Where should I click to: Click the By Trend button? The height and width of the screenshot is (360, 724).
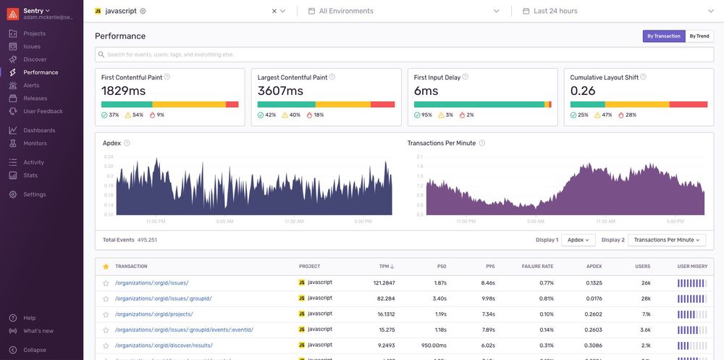pos(699,36)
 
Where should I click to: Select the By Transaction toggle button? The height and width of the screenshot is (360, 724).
pos(663,36)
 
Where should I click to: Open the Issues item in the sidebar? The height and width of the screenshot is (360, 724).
pos(32,46)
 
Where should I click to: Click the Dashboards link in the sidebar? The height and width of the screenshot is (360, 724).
pos(39,130)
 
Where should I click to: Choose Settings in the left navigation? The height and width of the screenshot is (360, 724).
pos(34,194)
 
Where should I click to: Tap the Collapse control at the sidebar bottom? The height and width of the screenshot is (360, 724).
pos(34,350)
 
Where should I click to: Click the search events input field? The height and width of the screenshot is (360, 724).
pos(405,54)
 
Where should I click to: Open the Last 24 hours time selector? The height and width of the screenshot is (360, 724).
pos(555,11)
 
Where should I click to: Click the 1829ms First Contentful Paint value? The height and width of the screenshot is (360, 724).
pos(124,91)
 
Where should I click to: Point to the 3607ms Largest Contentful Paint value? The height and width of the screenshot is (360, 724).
pos(280,91)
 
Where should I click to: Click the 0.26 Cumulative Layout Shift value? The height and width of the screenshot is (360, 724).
pos(583,91)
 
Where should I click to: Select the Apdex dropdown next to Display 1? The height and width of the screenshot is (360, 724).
pos(578,240)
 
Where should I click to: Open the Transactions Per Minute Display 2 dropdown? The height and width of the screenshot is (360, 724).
pos(666,240)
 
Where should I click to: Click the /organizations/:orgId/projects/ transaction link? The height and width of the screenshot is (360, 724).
pos(153,314)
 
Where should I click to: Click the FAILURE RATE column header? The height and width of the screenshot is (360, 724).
pos(537,267)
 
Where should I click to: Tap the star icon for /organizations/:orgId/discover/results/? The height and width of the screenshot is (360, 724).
pos(106,346)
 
